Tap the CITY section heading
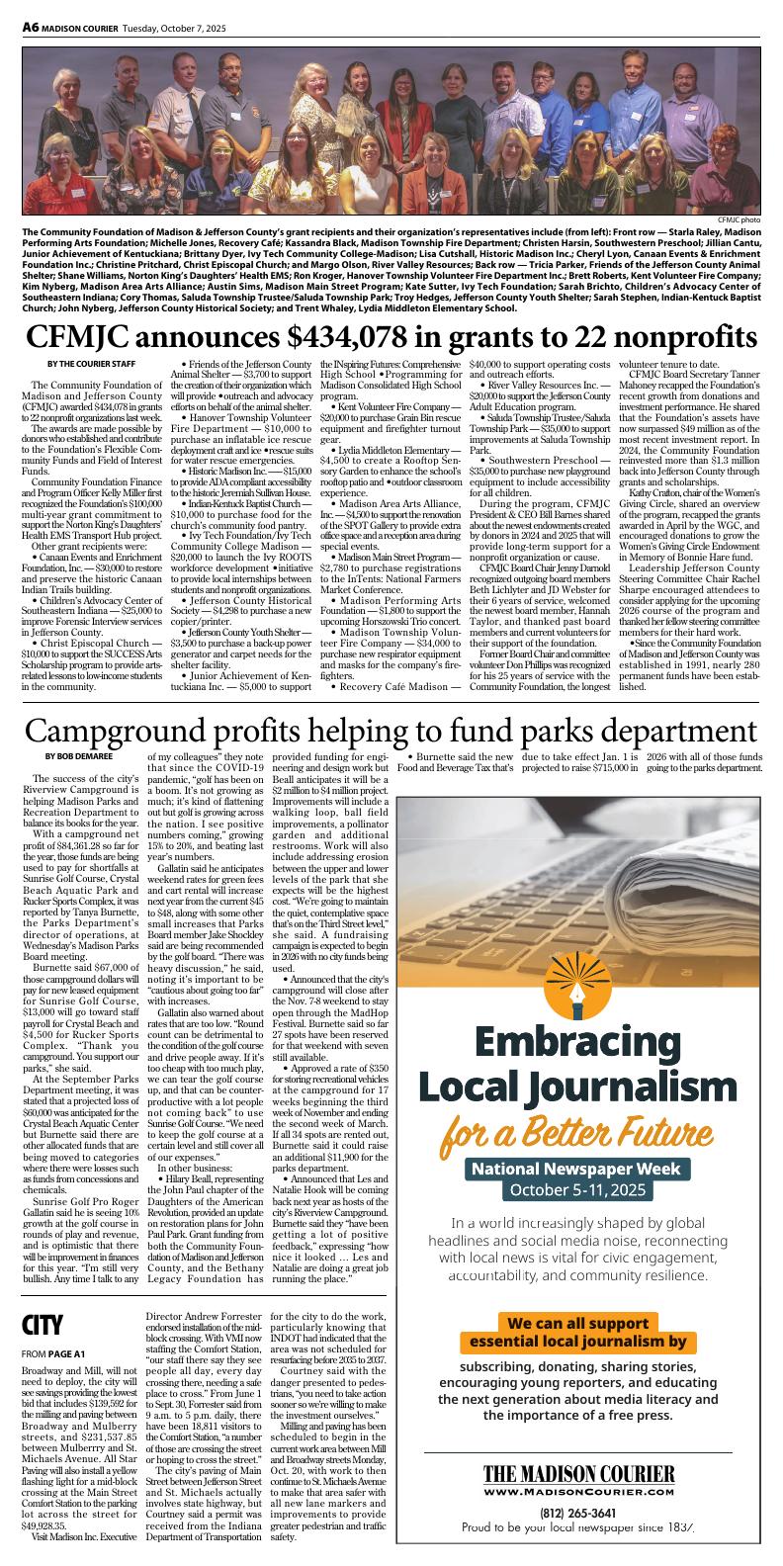43,1324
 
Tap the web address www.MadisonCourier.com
578,1491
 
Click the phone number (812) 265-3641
578,1513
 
